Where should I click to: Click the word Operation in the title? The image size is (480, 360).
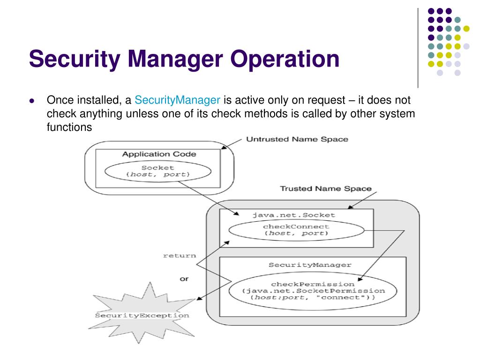coord(285,60)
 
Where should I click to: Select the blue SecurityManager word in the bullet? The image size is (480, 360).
coord(177,100)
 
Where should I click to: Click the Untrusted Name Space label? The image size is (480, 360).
coord(297,139)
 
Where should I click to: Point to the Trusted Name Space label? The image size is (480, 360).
coord(325,188)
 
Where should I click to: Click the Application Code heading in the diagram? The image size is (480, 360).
coord(159,154)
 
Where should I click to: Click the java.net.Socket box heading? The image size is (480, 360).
coord(294,215)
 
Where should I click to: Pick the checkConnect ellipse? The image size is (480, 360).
coord(295,230)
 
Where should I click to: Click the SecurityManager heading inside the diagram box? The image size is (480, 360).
coord(310,265)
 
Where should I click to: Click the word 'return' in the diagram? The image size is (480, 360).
coord(179,255)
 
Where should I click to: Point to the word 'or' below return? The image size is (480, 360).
coord(184,279)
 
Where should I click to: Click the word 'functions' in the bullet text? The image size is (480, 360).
coord(68,127)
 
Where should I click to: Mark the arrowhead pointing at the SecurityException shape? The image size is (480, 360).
coord(199,299)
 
